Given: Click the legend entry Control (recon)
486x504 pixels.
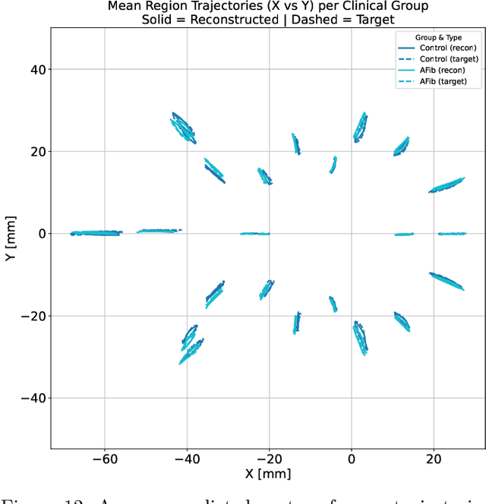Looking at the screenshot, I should point(440,48).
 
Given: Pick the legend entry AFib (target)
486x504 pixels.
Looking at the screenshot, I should point(440,81).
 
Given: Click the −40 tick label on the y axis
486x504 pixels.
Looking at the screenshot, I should point(34,398).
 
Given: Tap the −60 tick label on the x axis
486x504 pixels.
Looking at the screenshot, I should point(104,459).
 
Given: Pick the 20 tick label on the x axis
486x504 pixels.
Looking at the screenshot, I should point(434,459).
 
